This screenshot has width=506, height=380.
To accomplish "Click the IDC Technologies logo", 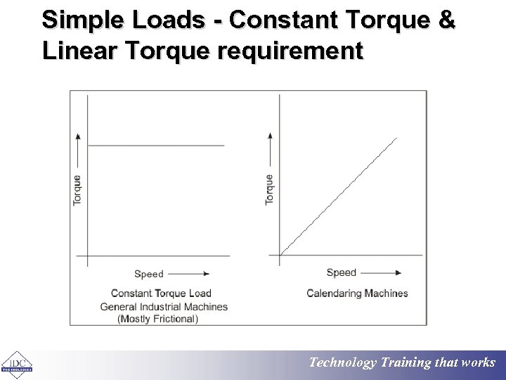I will coord(18,363).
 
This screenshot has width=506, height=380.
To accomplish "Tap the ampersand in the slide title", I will coord(446,20).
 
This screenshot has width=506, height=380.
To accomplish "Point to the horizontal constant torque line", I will coord(155,146).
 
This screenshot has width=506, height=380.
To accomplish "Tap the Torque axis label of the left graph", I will coord(77,190).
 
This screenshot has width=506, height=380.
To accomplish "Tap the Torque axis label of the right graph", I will coord(270,190).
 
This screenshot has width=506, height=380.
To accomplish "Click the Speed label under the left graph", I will coord(148,274).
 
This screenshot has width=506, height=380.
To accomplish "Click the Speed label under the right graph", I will coord(342,272).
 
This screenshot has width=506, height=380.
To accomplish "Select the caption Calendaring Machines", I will coord(357,293).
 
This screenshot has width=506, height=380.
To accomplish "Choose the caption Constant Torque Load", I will coord(161,293).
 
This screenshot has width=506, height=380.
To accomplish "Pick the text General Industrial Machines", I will coord(164,306).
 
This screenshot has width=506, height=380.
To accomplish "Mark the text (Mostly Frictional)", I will coord(158,319).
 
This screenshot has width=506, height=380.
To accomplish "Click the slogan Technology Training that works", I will coord(402,363).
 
